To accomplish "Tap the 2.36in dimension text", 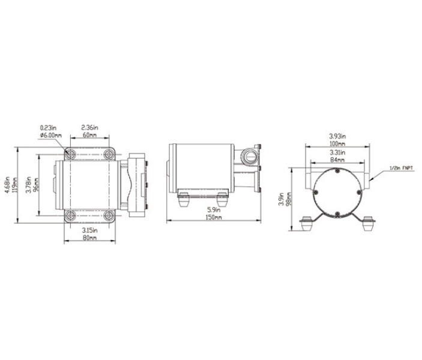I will (x=89, y=128).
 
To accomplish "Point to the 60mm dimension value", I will (x=89, y=135).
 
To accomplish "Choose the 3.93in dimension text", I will (x=337, y=136).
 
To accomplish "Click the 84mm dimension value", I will (x=337, y=161).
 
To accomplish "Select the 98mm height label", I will (x=289, y=199).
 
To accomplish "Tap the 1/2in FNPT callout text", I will (x=401, y=168).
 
